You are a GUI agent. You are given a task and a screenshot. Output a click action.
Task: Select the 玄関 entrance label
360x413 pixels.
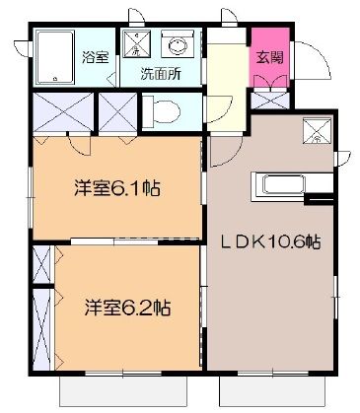(x=269, y=57)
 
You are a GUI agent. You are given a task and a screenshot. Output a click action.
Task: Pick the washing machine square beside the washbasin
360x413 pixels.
(x=138, y=45)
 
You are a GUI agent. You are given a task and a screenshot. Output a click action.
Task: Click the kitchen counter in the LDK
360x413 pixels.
(x=287, y=184)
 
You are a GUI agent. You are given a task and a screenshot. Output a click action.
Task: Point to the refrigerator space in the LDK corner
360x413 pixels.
(x=316, y=129)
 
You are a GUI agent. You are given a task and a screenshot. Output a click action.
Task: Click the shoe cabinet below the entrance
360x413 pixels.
(x=267, y=100)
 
